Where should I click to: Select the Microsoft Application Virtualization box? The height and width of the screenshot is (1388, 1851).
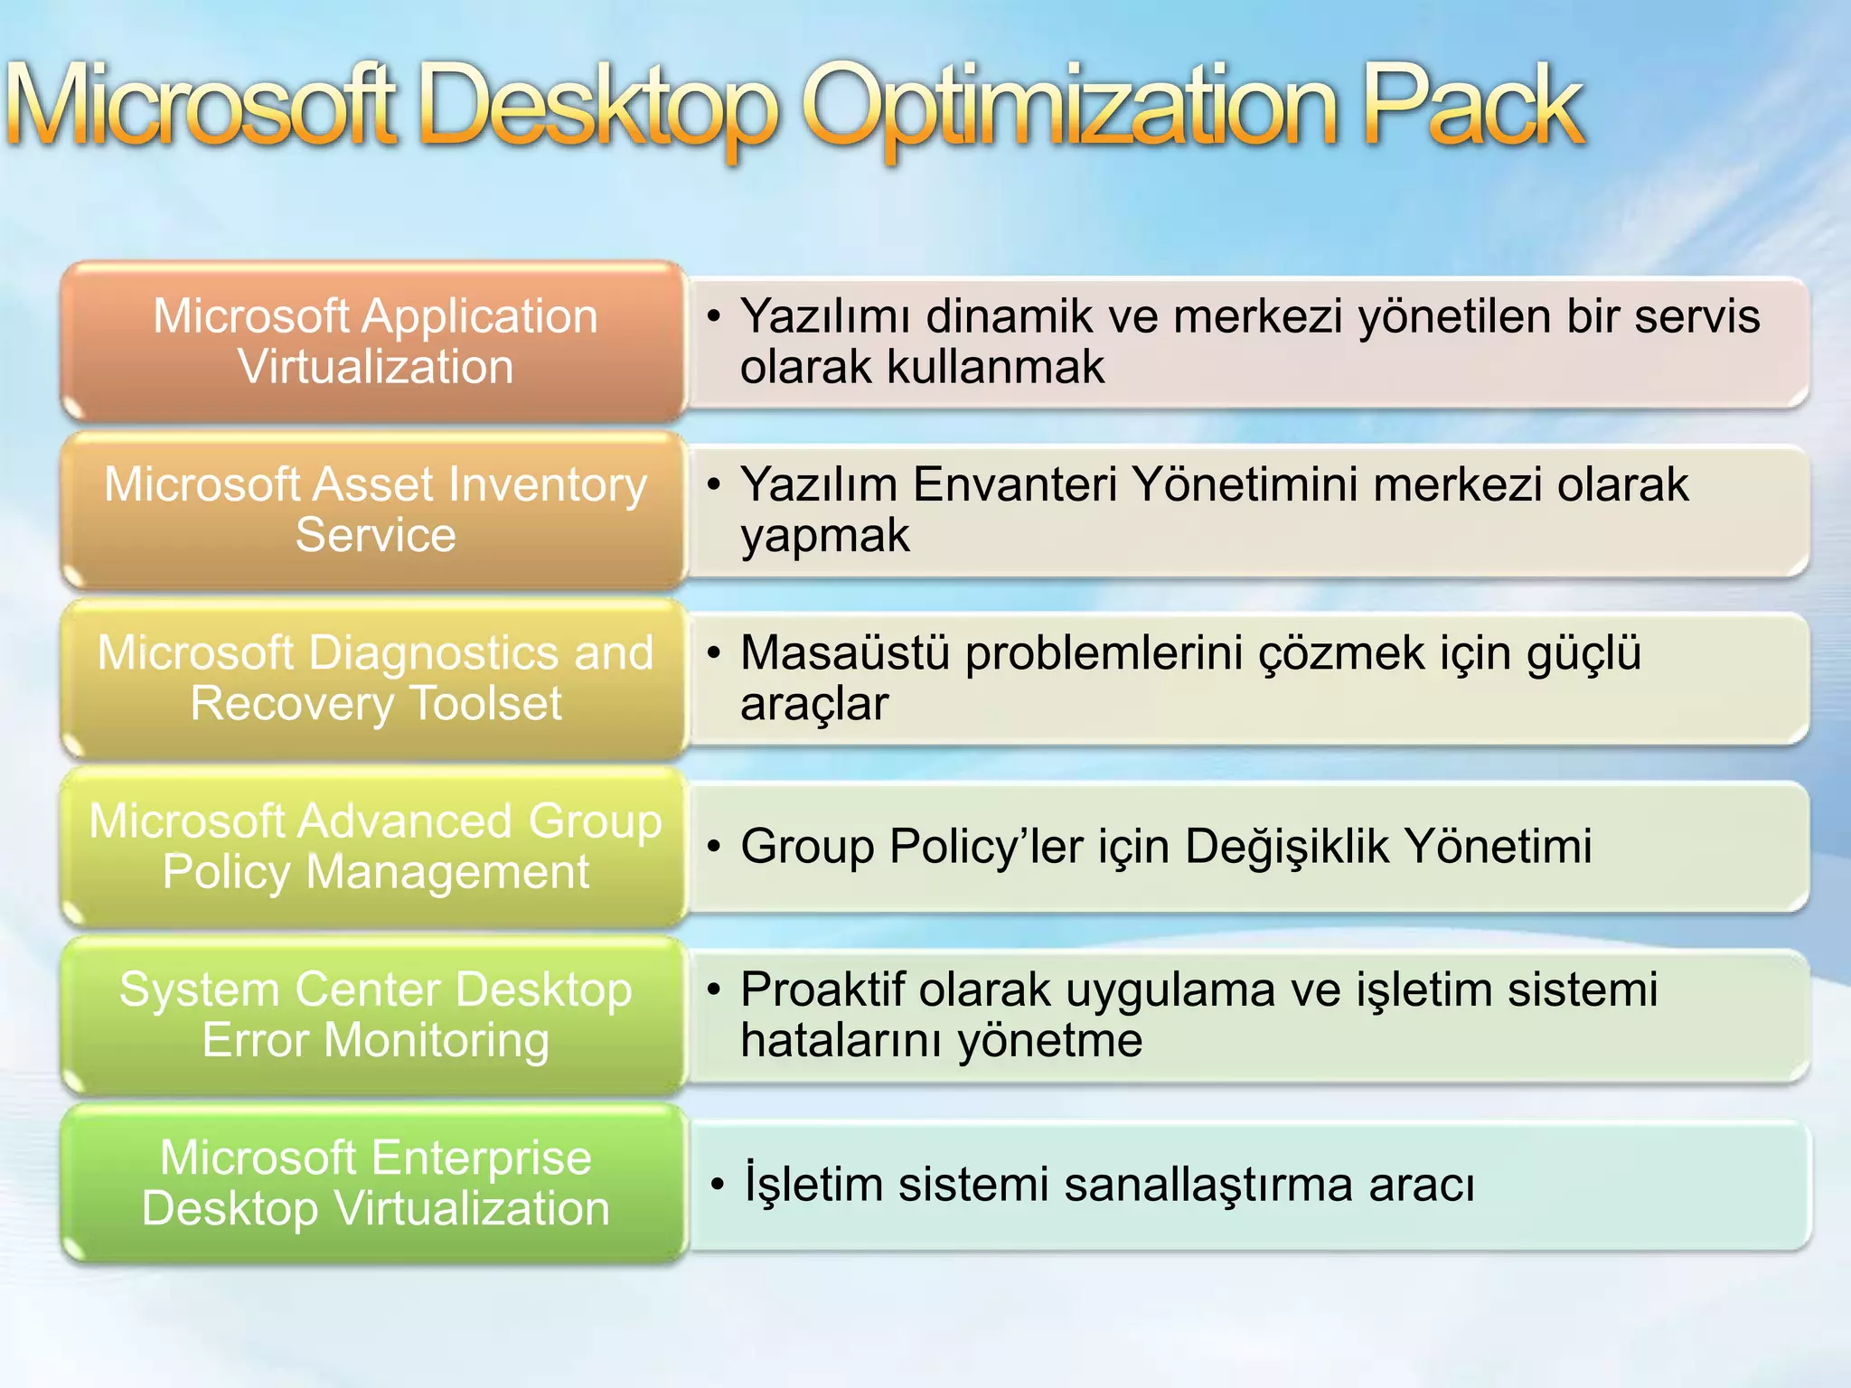point(374,342)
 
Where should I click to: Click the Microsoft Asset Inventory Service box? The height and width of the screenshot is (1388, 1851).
point(374,510)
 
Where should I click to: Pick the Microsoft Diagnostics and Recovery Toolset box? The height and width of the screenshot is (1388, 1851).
point(374,678)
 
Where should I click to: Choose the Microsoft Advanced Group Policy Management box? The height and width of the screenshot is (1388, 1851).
point(374,846)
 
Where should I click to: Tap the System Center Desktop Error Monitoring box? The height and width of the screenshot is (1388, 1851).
point(374,1014)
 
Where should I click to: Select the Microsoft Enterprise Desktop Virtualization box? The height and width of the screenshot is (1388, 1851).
point(374,1182)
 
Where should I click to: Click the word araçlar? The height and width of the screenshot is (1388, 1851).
point(813,704)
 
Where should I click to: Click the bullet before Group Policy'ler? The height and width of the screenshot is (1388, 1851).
point(714,847)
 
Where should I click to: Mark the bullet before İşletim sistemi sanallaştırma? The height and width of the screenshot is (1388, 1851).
point(717,1184)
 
